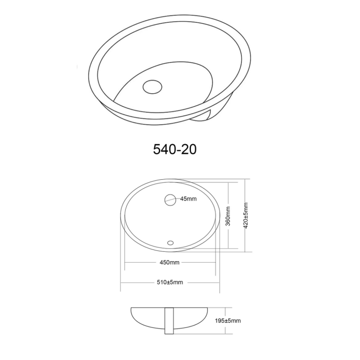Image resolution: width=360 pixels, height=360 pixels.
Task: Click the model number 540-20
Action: coord(175,149)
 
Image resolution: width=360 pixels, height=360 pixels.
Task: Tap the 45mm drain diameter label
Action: coord(188,199)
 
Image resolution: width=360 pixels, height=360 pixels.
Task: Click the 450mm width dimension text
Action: coord(169,262)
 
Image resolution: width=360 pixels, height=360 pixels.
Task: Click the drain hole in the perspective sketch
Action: coord(152,86)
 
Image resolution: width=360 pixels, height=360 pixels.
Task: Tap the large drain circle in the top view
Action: coord(170,200)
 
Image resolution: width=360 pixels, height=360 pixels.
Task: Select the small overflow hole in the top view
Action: coord(171,242)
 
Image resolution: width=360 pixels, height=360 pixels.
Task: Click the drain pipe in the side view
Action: coord(169,321)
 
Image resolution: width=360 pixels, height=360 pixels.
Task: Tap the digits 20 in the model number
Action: coord(189,149)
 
